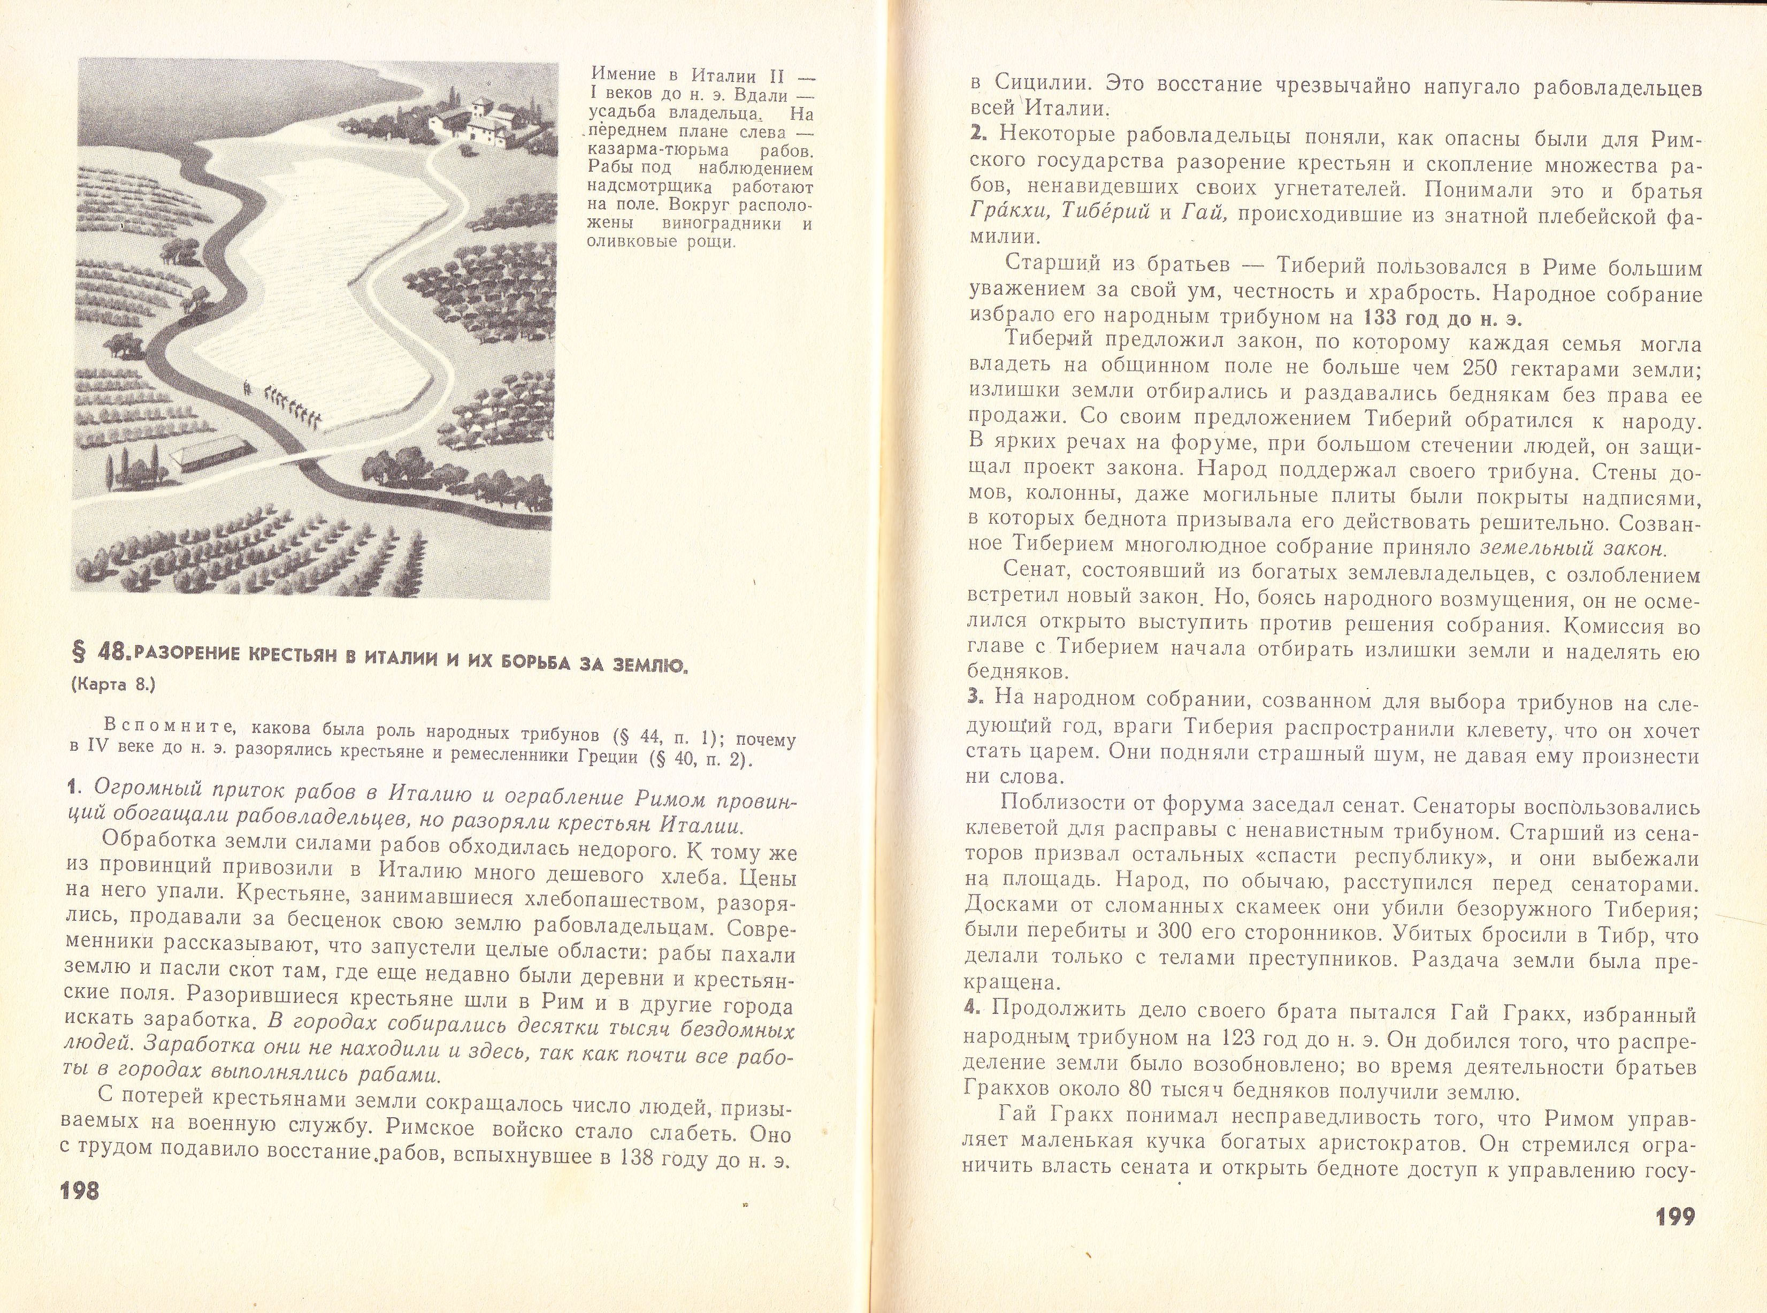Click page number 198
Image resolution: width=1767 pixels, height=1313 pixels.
(79, 1190)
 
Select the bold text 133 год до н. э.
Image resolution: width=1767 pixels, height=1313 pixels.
(1442, 317)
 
